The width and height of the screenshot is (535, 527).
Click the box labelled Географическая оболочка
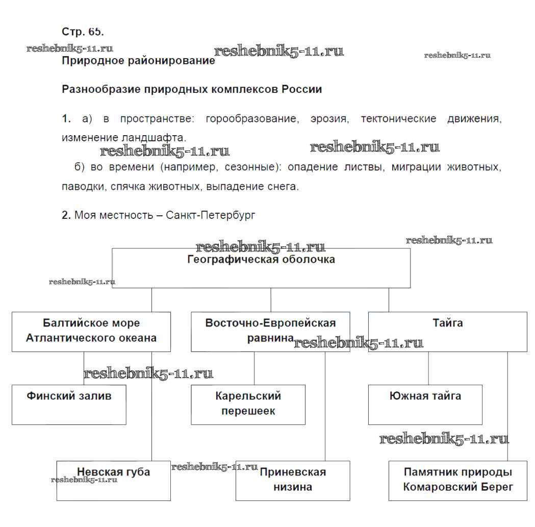pos(261,268)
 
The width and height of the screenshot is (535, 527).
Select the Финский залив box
pos(69,405)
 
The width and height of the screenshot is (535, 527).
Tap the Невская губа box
pos(113,481)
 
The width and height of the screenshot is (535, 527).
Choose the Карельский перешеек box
pos(248,405)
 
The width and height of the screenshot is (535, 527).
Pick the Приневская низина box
pos(293,481)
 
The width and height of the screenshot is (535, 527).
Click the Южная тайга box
pos(425,405)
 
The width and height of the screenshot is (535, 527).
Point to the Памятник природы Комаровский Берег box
pos(457,481)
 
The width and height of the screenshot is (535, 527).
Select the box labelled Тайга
pos(447,332)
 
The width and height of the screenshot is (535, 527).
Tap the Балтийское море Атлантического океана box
pos(91,332)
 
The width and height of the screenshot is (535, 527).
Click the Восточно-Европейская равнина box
pos(270,332)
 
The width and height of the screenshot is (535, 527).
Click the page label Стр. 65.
pos(83,32)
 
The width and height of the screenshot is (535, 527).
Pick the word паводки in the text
pos(84,187)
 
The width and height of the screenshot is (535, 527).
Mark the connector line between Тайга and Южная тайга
pos(428,368)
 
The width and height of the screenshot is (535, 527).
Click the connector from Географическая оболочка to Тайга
pos(389,300)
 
